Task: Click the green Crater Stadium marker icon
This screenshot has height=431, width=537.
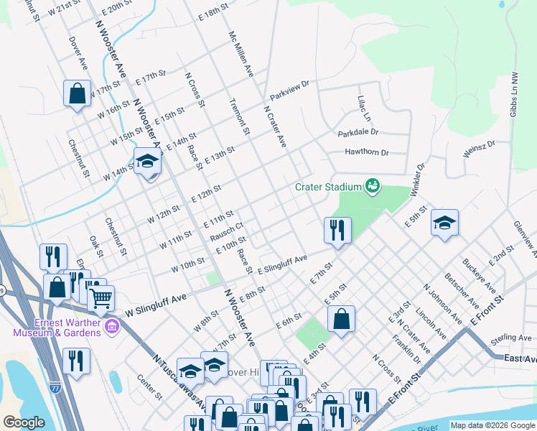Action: click(372, 187)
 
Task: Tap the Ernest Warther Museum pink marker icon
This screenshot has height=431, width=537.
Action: click(111, 328)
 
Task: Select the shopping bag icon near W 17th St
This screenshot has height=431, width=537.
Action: click(77, 94)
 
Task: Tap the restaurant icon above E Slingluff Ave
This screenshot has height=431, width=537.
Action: click(337, 231)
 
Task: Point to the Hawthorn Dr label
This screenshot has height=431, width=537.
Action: click(366, 152)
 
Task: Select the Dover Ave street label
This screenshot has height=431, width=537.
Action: click(78, 53)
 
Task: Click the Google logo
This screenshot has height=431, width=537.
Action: click(24, 422)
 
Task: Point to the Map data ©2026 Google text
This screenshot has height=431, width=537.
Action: click(492, 425)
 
